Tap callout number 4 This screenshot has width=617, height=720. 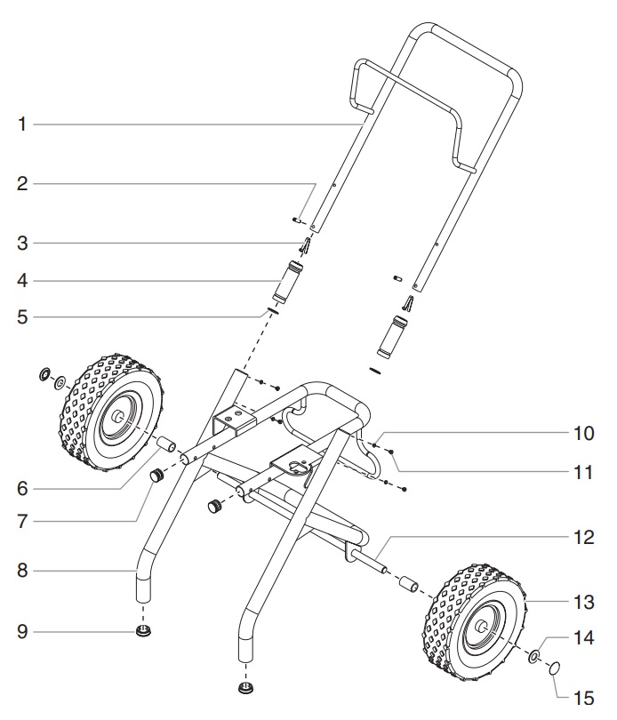click(x=22, y=282)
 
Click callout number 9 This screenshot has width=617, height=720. click(x=22, y=633)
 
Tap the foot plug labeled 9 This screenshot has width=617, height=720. click(x=141, y=632)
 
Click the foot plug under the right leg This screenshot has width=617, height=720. click(x=246, y=688)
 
